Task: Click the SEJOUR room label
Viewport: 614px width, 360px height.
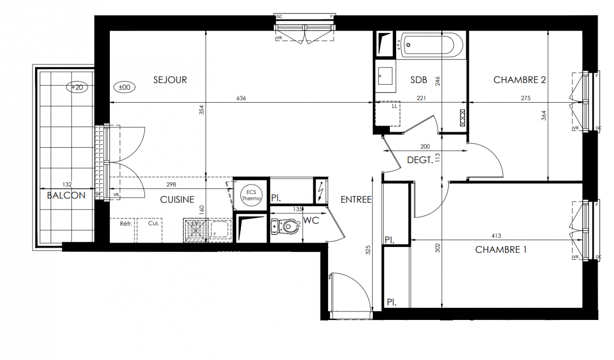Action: pyautogui.click(x=170, y=80)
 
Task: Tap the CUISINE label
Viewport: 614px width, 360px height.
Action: pyautogui.click(x=177, y=199)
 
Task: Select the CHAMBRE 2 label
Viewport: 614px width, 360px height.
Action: pyautogui.click(x=519, y=80)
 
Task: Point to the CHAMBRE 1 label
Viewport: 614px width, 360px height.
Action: pyautogui.click(x=501, y=250)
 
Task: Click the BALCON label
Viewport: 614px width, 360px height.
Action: pyautogui.click(x=66, y=195)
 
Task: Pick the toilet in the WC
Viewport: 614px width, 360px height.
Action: pyautogui.click(x=284, y=227)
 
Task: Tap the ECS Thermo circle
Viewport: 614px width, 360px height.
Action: pyautogui.click(x=251, y=195)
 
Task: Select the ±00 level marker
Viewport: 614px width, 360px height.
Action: pyautogui.click(x=124, y=87)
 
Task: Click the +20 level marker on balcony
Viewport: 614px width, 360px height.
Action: pyautogui.click(x=77, y=87)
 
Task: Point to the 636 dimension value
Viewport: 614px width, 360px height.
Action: pyautogui.click(x=241, y=98)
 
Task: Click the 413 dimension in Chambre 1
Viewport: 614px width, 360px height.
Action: pyautogui.click(x=496, y=236)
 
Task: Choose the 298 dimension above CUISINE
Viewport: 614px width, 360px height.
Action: pyautogui.click(x=171, y=184)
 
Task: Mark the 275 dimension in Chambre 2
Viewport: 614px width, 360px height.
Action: pyautogui.click(x=526, y=98)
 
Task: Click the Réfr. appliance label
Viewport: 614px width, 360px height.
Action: pyautogui.click(x=126, y=224)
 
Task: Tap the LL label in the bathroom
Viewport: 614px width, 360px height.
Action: pyautogui.click(x=394, y=106)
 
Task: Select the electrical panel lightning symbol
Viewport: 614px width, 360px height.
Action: pyautogui.click(x=321, y=191)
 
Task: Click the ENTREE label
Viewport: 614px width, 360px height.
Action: pyautogui.click(x=356, y=200)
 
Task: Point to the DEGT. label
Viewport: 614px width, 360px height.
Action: pyautogui.click(x=420, y=160)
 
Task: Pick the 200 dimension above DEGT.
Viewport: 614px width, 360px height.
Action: pyautogui.click(x=425, y=147)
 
